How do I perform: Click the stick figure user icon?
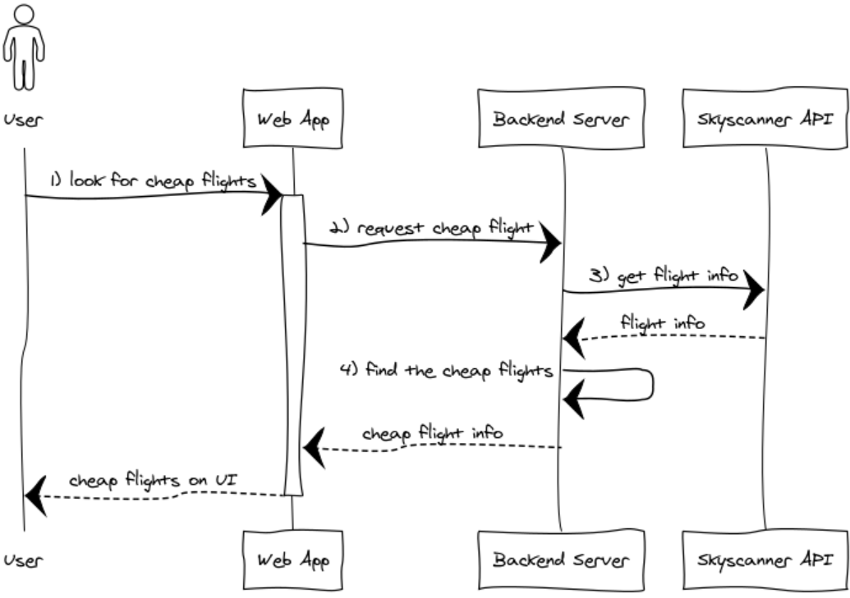[24, 47]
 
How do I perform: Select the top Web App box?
[293, 120]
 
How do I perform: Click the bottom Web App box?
[293, 561]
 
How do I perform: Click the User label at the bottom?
[22, 561]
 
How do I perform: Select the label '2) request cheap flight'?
[432, 228]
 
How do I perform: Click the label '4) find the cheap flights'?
[448, 370]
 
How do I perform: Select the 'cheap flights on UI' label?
[153, 479]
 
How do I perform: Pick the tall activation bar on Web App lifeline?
[293, 345]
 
